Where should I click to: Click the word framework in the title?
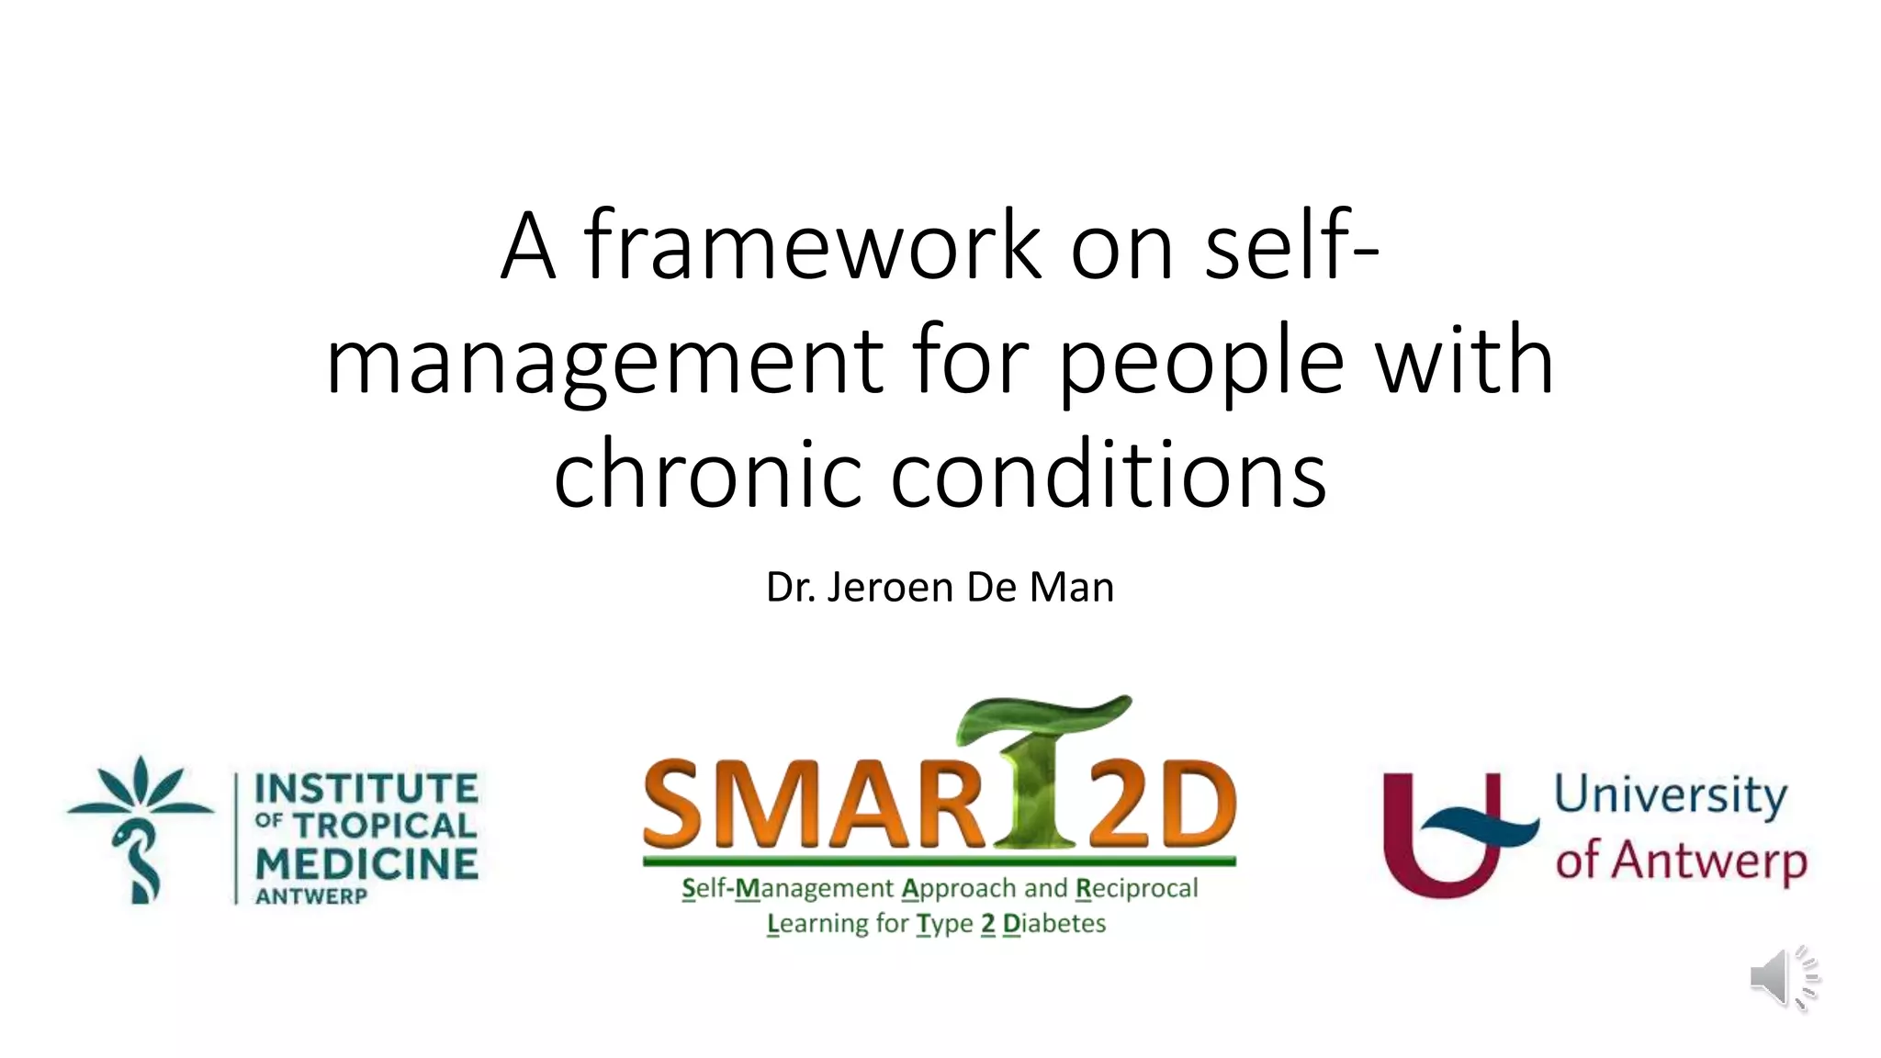coord(813,245)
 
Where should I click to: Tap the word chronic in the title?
coord(707,473)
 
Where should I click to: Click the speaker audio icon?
coord(1783,977)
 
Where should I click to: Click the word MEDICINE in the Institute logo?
coord(366,863)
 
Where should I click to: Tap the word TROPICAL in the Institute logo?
coord(386,825)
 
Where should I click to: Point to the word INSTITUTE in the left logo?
coord(366,789)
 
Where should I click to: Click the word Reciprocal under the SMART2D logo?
coord(1137,889)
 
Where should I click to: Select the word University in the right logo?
coord(1671,795)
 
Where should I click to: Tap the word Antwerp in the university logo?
coord(1709,861)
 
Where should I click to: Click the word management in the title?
coord(605,360)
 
